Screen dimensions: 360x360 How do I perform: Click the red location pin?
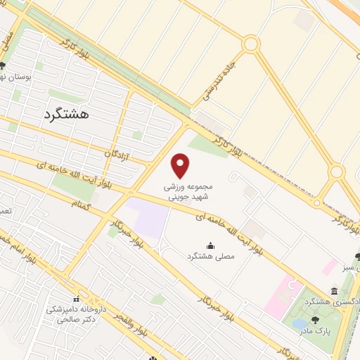181,166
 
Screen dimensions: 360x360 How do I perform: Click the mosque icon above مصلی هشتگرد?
211,245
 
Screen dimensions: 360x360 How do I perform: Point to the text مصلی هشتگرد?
211,257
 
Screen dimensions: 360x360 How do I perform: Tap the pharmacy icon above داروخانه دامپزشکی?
77,299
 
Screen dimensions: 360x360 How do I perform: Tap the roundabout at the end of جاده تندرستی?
250,44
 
